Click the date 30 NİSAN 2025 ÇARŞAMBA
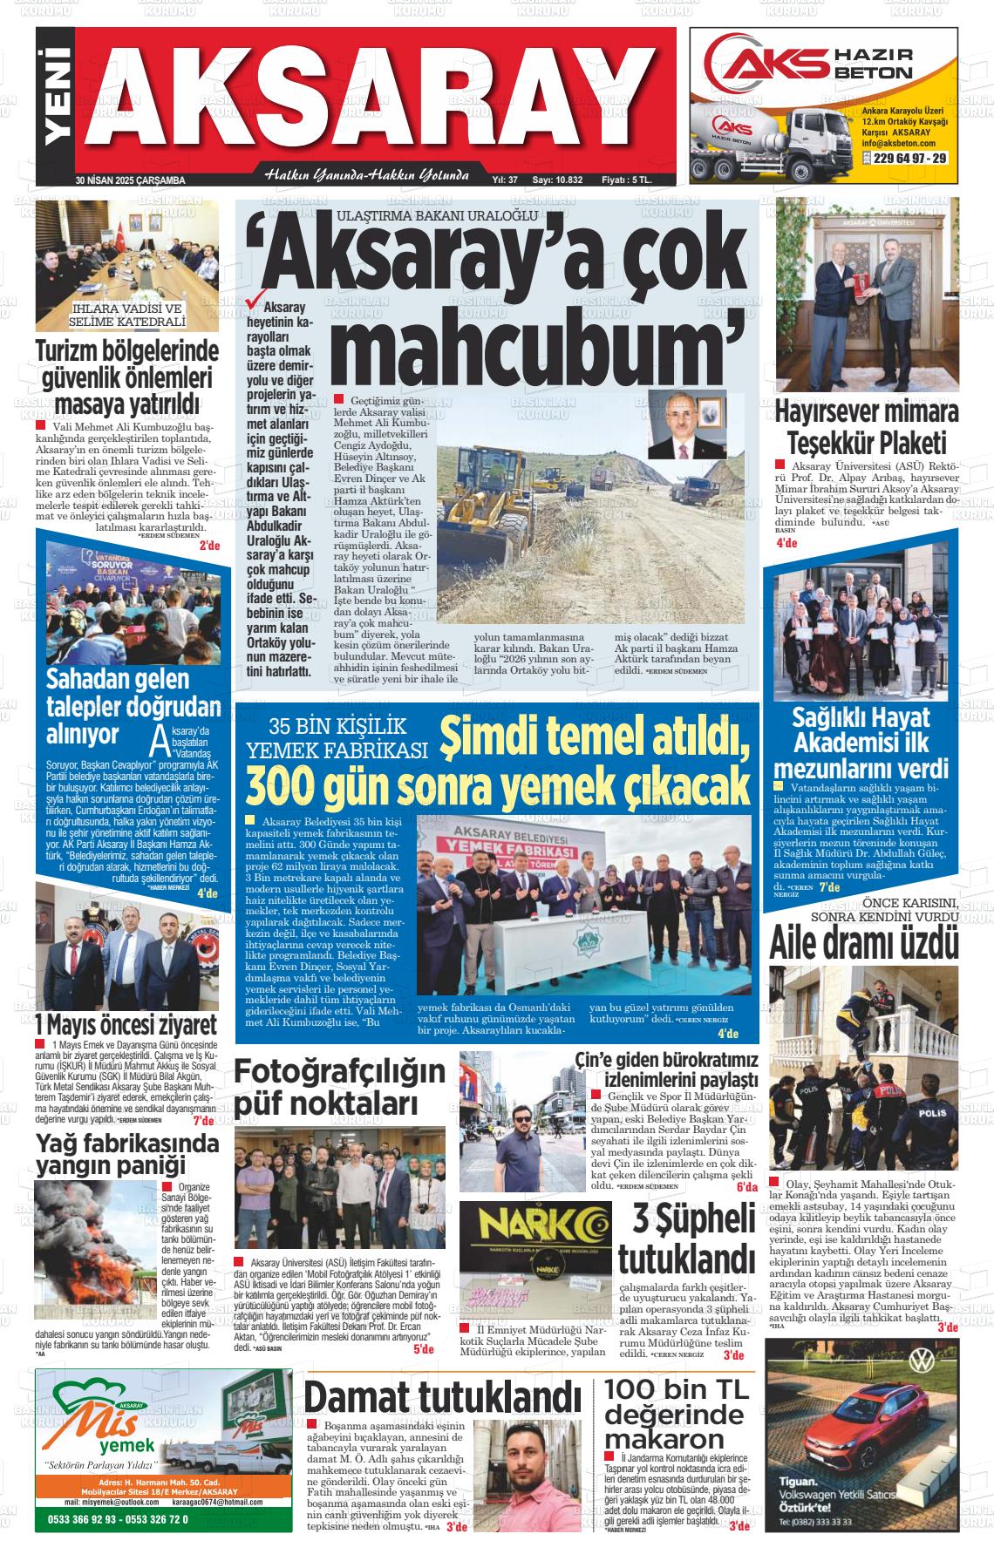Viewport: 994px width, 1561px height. point(131,180)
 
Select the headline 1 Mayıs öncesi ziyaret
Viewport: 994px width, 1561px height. point(126,1023)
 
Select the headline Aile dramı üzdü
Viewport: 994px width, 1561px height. point(864,943)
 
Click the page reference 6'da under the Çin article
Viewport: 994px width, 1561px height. point(746,1187)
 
